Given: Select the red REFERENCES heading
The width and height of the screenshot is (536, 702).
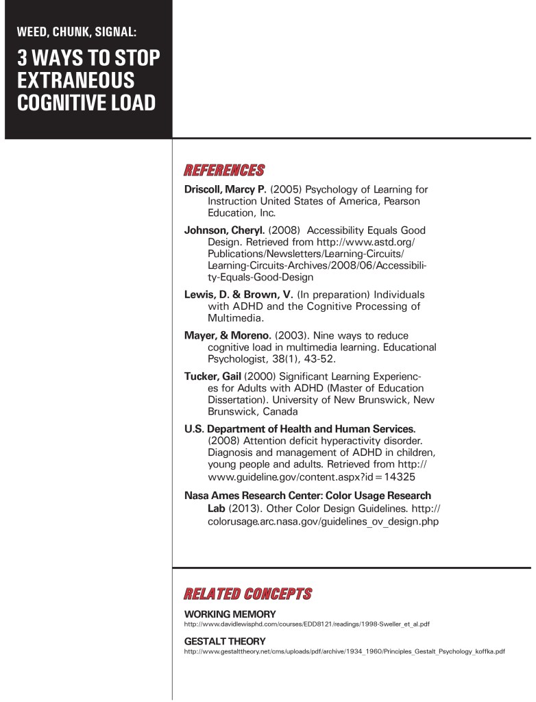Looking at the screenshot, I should click(224, 170).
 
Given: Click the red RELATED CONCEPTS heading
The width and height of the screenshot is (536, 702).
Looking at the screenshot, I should click(247, 593).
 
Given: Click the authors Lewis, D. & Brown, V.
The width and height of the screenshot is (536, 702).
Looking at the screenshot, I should click(239, 294).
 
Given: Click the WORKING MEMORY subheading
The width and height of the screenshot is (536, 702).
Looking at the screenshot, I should click(230, 614).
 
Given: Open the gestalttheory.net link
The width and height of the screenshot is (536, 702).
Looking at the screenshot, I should click(345, 651).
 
